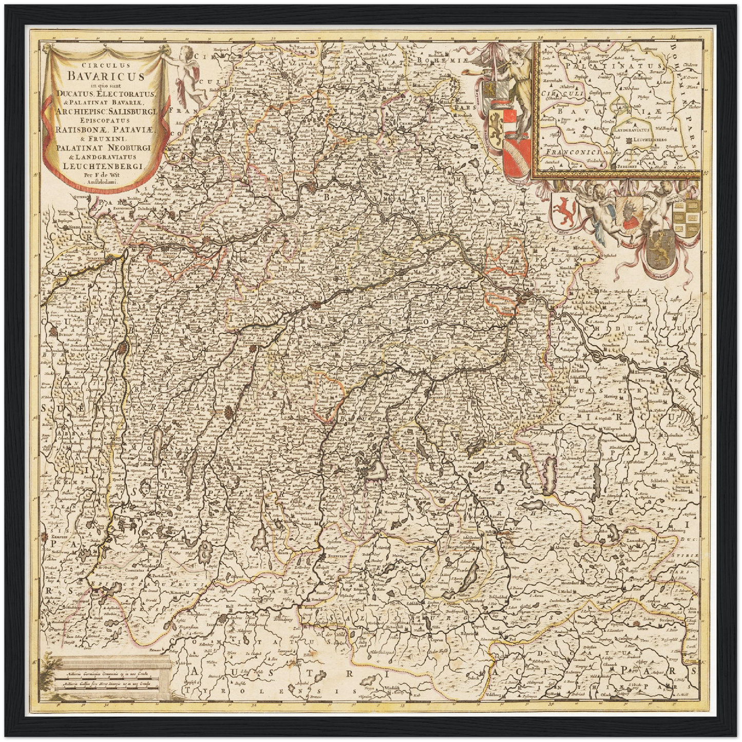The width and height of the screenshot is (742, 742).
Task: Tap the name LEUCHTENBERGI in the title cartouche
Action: pyautogui.click(x=106, y=165)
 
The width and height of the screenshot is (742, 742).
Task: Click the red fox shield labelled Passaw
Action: pyautogui.click(x=564, y=209)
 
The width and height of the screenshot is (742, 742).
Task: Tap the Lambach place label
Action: pyautogui.click(x=619, y=434)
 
